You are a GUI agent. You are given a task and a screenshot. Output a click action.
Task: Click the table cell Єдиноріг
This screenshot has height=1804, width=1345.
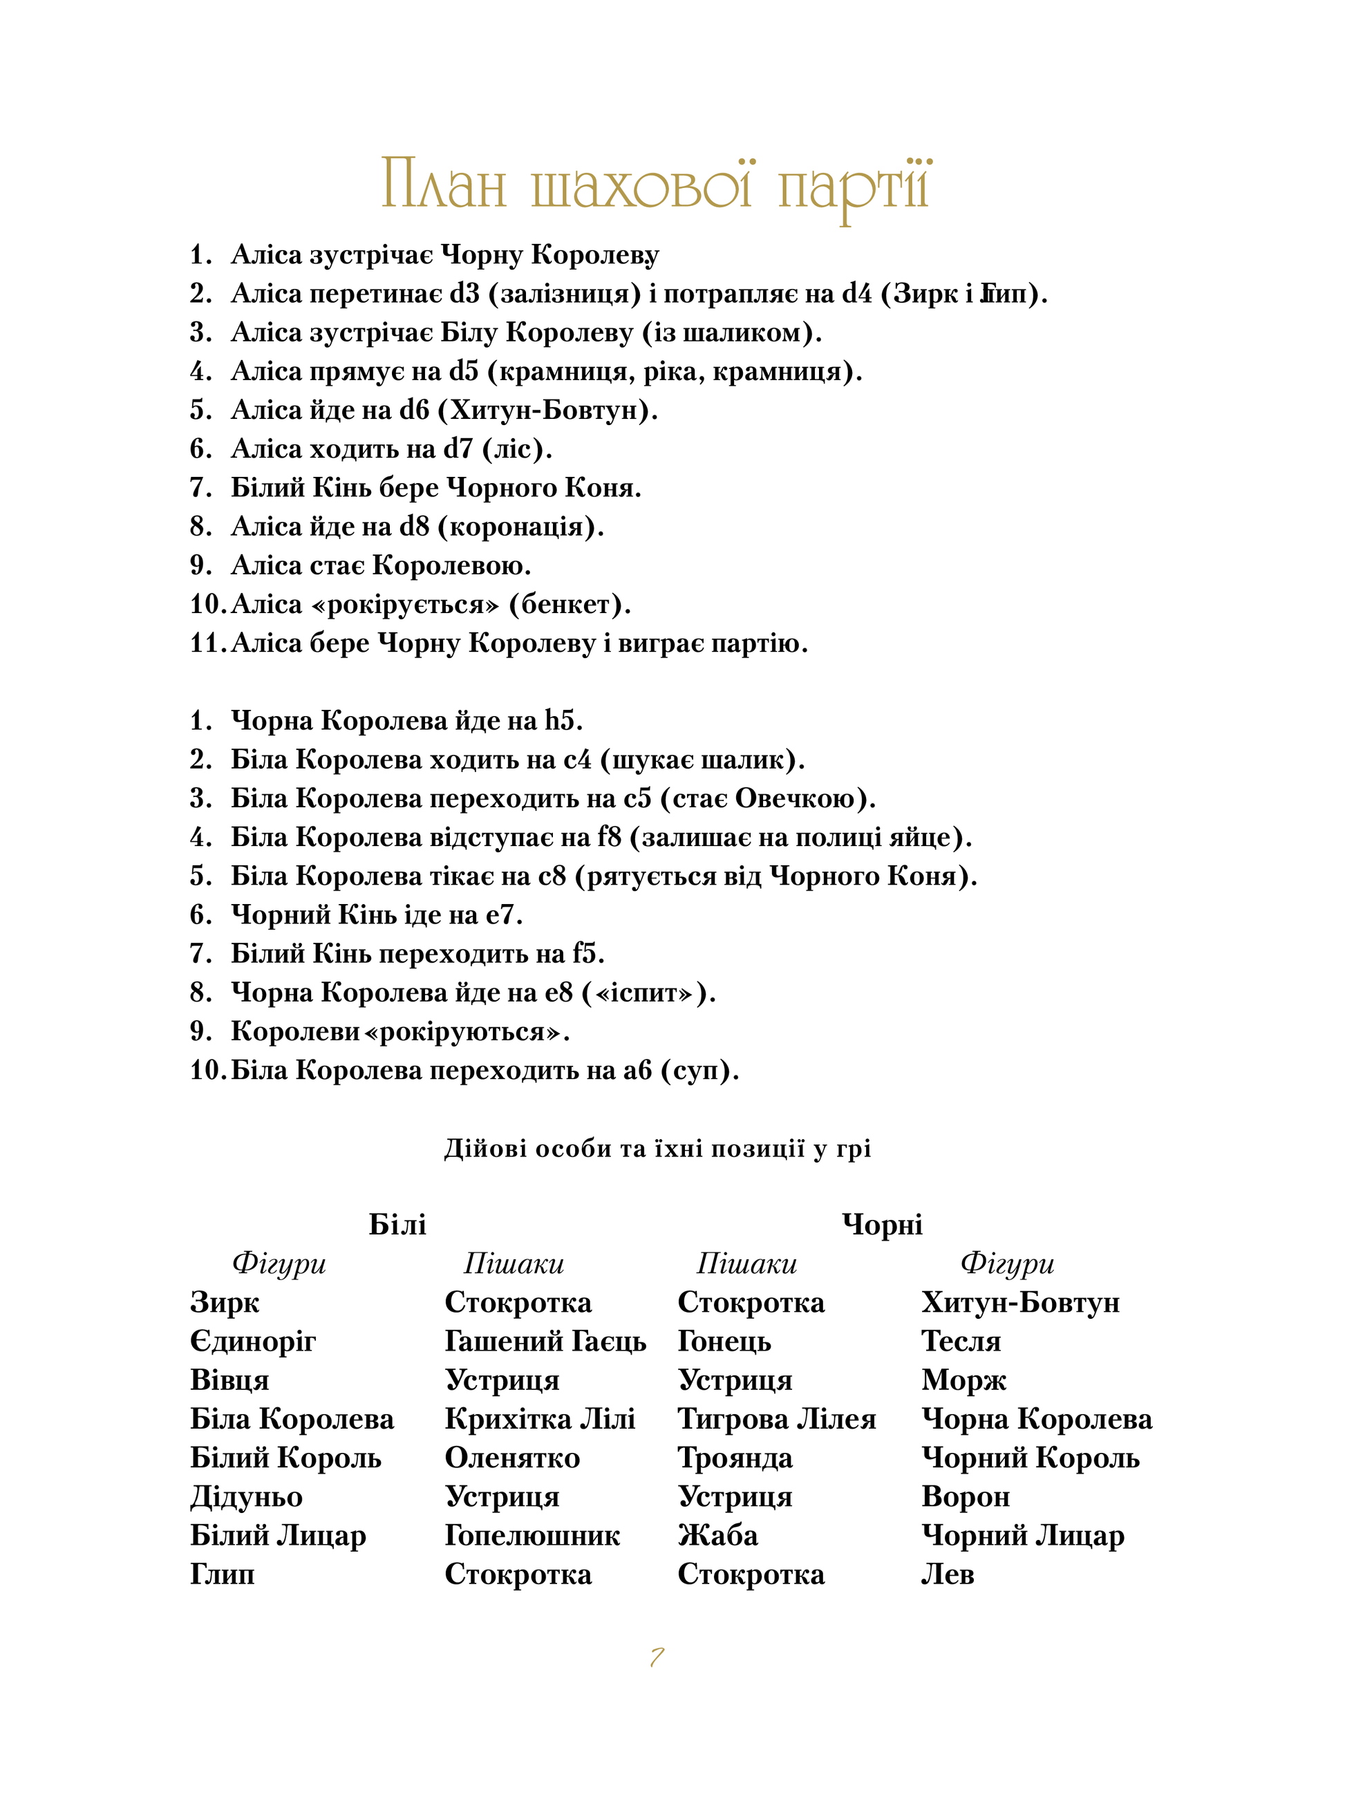click(x=252, y=1342)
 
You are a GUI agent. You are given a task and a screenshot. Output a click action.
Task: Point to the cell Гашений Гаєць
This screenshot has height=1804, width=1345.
click(x=545, y=1342)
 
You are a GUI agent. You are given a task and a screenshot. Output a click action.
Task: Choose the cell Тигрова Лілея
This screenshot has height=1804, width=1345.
click(x=776, y=1419)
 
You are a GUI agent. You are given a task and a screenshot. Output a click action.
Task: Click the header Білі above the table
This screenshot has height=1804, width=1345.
click(x=397, y=1224)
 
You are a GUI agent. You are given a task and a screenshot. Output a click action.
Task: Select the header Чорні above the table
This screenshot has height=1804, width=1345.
click(x=882, y=1224)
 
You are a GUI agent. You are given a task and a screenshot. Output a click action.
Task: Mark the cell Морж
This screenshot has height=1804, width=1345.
click(x=963, y=1381)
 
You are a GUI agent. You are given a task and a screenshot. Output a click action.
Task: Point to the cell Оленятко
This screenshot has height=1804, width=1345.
click(x=512, y=1458)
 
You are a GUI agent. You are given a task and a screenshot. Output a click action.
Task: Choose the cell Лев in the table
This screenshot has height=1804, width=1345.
click(x=947, y=1575)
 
